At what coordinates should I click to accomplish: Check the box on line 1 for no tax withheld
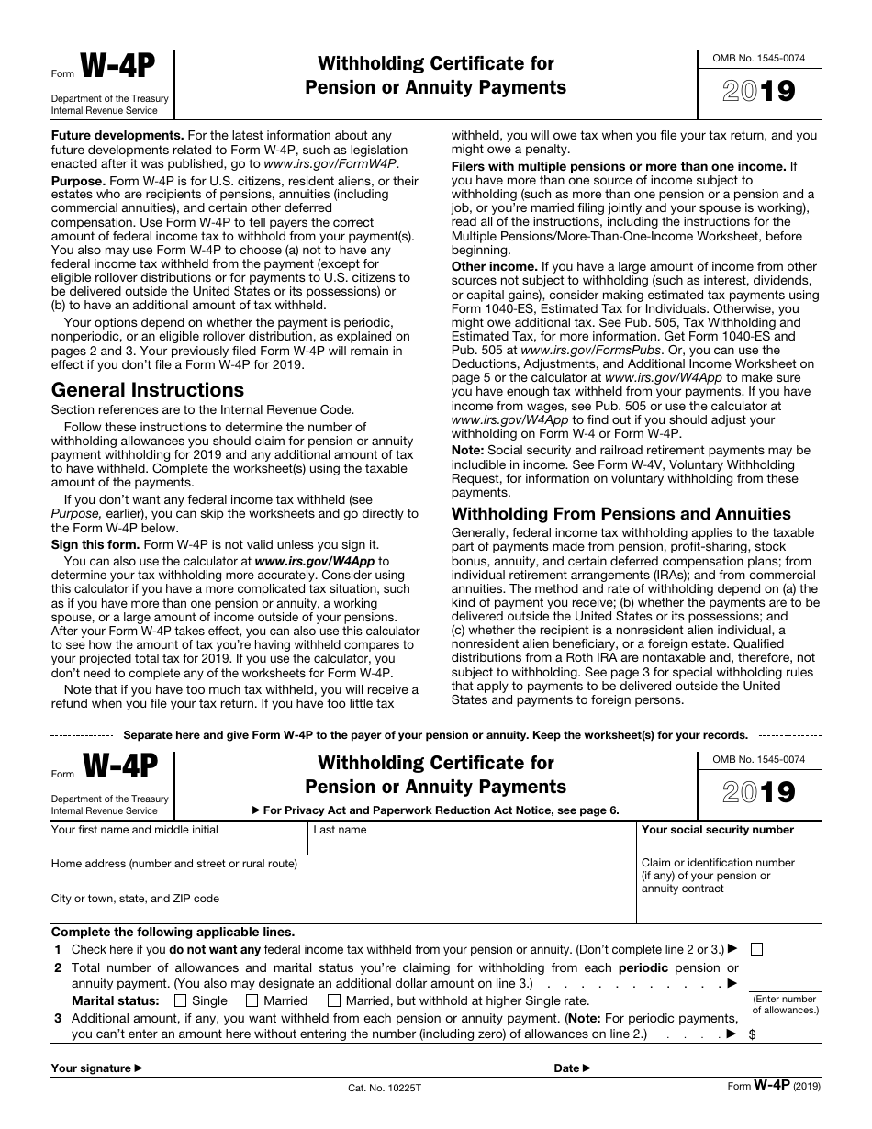756,949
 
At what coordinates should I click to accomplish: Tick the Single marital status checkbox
180,1000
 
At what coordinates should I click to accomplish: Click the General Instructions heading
148,389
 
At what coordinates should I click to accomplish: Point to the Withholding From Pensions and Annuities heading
621,514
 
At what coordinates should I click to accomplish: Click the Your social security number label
718,830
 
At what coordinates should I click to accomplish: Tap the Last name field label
340,830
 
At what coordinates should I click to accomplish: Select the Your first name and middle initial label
135,830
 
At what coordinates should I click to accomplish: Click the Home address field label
174,864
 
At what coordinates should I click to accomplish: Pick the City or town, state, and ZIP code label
135,899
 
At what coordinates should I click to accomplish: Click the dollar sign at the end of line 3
753,1034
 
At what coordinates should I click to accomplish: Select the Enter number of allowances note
785,1004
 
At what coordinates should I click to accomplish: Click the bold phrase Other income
494,266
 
